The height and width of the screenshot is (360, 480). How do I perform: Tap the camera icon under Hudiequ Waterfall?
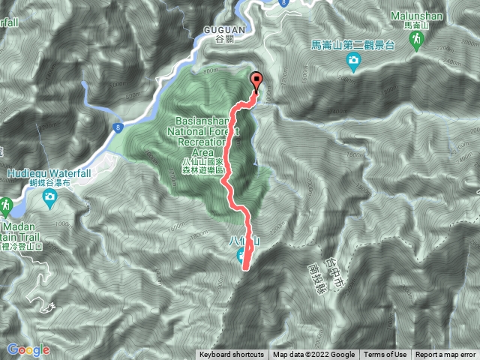tap(49, 198)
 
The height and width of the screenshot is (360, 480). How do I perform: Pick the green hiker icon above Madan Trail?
tap(5, 205)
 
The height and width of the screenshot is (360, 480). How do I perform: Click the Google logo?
tap(28, 349)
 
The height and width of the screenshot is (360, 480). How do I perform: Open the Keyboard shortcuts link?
tap(232, 355)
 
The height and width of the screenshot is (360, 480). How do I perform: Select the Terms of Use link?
tap(385, 355)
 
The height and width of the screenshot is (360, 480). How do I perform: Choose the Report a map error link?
tap(445, 355)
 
